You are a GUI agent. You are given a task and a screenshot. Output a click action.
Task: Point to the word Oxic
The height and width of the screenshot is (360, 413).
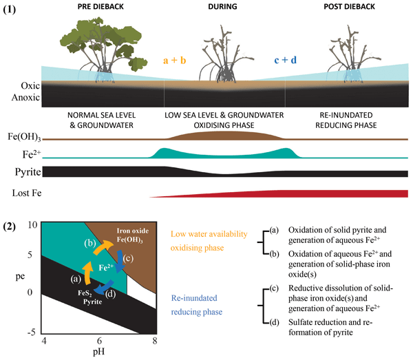coord(19,88)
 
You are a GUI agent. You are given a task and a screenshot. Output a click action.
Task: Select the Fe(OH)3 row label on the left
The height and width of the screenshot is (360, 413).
coord(22,138)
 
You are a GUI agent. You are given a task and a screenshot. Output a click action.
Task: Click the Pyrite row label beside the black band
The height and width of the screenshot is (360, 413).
coord(21,170)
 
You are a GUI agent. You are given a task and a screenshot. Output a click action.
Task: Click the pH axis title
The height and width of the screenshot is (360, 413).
coord(100,352)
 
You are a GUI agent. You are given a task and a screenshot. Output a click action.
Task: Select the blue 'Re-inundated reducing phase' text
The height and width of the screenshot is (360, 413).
coord(200,303)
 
